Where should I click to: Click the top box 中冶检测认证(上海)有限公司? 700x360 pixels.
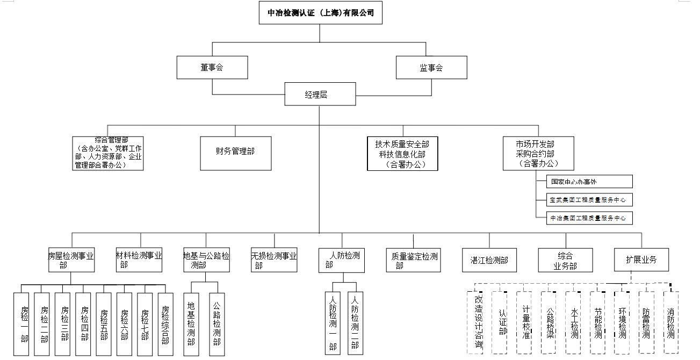coord(320,12)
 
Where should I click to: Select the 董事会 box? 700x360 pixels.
coord(212,68)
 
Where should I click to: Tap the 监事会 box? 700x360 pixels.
coord(431,68)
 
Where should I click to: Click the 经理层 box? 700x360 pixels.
coord(320,95)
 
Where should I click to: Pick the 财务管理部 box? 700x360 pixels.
coord(235,153)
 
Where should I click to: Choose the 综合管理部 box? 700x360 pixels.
coord(108,153)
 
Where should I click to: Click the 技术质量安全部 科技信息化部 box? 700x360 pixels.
coord(402,153)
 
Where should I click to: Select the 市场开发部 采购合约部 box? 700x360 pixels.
coord(538,153)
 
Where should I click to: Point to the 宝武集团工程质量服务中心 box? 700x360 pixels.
coord(588,200)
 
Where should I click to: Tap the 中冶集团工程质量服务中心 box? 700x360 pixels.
coord(588,218)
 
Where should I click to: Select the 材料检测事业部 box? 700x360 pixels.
coord(139,260)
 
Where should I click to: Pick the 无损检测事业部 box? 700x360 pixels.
coord(273,260)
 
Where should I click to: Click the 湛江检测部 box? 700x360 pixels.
coord(485,260)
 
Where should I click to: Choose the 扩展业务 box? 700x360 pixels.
coord(642,260)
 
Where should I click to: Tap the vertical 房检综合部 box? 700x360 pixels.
coord(165,324)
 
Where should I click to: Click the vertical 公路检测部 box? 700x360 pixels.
coord(217,324)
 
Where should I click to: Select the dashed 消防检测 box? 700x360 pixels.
coord(670,322)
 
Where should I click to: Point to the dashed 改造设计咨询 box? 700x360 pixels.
coord(478,322)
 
